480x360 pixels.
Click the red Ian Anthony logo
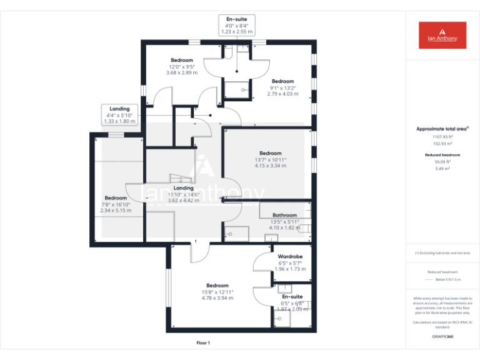442,35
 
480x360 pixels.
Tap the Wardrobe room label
290,256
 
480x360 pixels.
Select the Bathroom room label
284,215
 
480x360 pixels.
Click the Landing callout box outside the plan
119,115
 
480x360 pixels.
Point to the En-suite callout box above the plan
236,25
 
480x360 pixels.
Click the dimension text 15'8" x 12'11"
217,292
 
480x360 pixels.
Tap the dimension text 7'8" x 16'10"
117,204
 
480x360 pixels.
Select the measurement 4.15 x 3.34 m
271,166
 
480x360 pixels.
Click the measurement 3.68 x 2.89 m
182,72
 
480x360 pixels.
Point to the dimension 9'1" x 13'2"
282,87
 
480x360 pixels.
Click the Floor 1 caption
203,342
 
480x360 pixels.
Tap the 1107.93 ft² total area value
442,136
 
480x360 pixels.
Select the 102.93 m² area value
442,143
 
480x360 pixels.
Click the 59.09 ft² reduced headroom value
442,161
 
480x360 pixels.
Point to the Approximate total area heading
442,129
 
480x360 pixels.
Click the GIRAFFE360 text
442,337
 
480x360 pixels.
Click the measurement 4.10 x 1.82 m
284,228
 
